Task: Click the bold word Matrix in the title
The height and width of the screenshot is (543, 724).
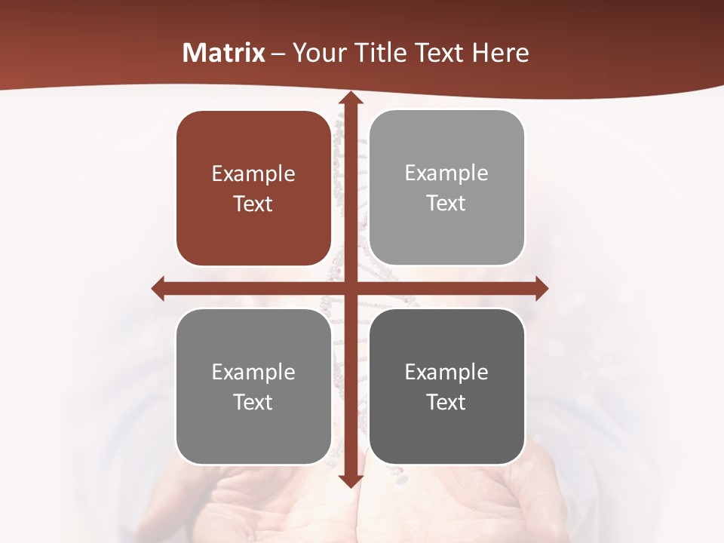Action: tap(224, 53)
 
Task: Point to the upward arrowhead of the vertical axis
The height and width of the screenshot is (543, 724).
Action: tap(350, 99)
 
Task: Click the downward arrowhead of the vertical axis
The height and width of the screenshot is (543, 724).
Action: tap(350, 481)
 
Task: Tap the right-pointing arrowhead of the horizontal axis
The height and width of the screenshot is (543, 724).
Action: tap(541, 288)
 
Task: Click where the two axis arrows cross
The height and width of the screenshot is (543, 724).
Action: tap(350, 288)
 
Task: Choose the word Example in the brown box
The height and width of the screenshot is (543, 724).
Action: tap(253, 174)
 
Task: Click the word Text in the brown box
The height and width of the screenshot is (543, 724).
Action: tap(253, 204)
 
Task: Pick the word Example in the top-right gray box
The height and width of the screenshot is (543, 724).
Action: tap(446, 173)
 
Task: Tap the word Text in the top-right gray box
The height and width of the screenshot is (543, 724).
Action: tap(446, 204)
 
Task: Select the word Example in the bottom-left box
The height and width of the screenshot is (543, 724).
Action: tap(253, 372)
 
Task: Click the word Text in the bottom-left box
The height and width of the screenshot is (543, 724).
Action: tap(253, 402)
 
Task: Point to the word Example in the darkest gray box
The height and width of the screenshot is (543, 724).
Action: tap(446, 372)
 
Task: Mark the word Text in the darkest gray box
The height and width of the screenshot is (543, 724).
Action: tap(446, 402)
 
